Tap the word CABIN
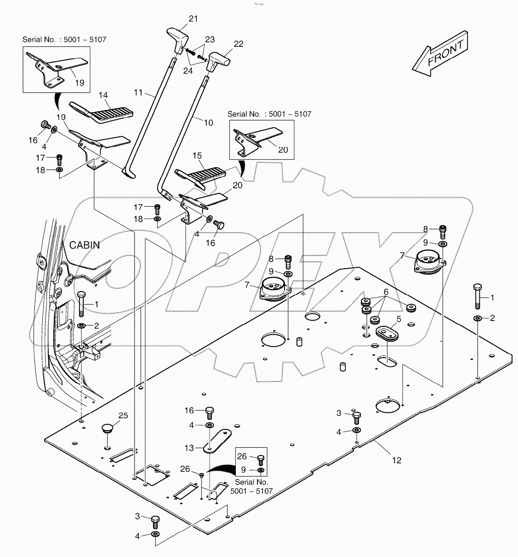point(85,245)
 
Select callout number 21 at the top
point(193,19)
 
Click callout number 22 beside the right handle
point(239,44)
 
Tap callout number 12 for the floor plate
point(396,460)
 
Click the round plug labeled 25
point(107,429)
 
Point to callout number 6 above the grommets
point(386,292)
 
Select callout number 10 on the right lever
point(208,123)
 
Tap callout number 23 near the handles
point(210,39)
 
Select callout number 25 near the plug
point(123,416)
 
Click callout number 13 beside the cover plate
point(189,448)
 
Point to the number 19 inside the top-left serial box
point(79,83)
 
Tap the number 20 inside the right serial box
point(283,150)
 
